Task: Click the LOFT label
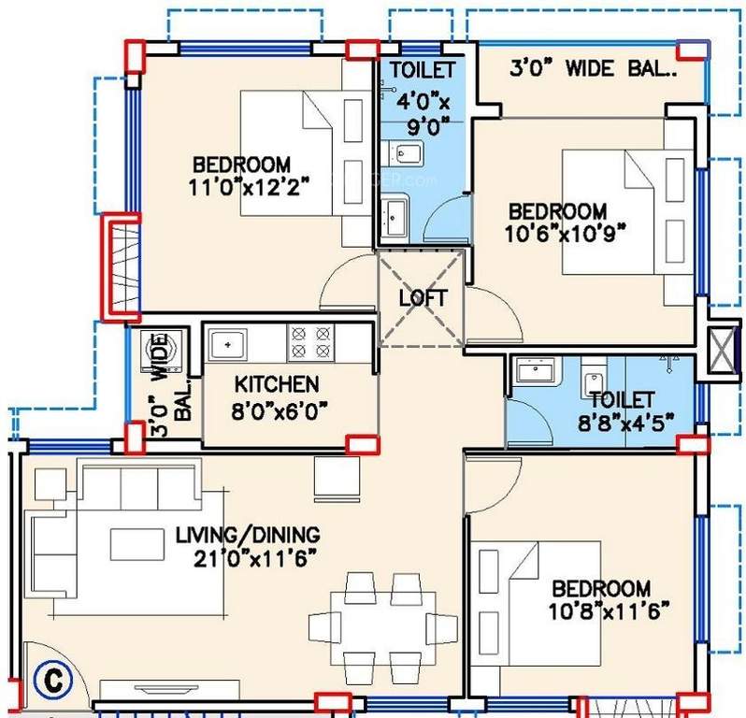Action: [423, 298]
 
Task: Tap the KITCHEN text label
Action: [276, 383]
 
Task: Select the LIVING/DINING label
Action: [248, 536]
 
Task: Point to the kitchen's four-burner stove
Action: [311, 342]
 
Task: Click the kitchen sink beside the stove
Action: [227, 344]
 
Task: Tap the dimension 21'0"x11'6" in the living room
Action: [248, 557]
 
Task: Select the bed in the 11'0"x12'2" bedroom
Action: [301, 153]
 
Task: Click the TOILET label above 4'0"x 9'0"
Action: [423, 70]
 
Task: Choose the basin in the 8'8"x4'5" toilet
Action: [536, 371]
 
